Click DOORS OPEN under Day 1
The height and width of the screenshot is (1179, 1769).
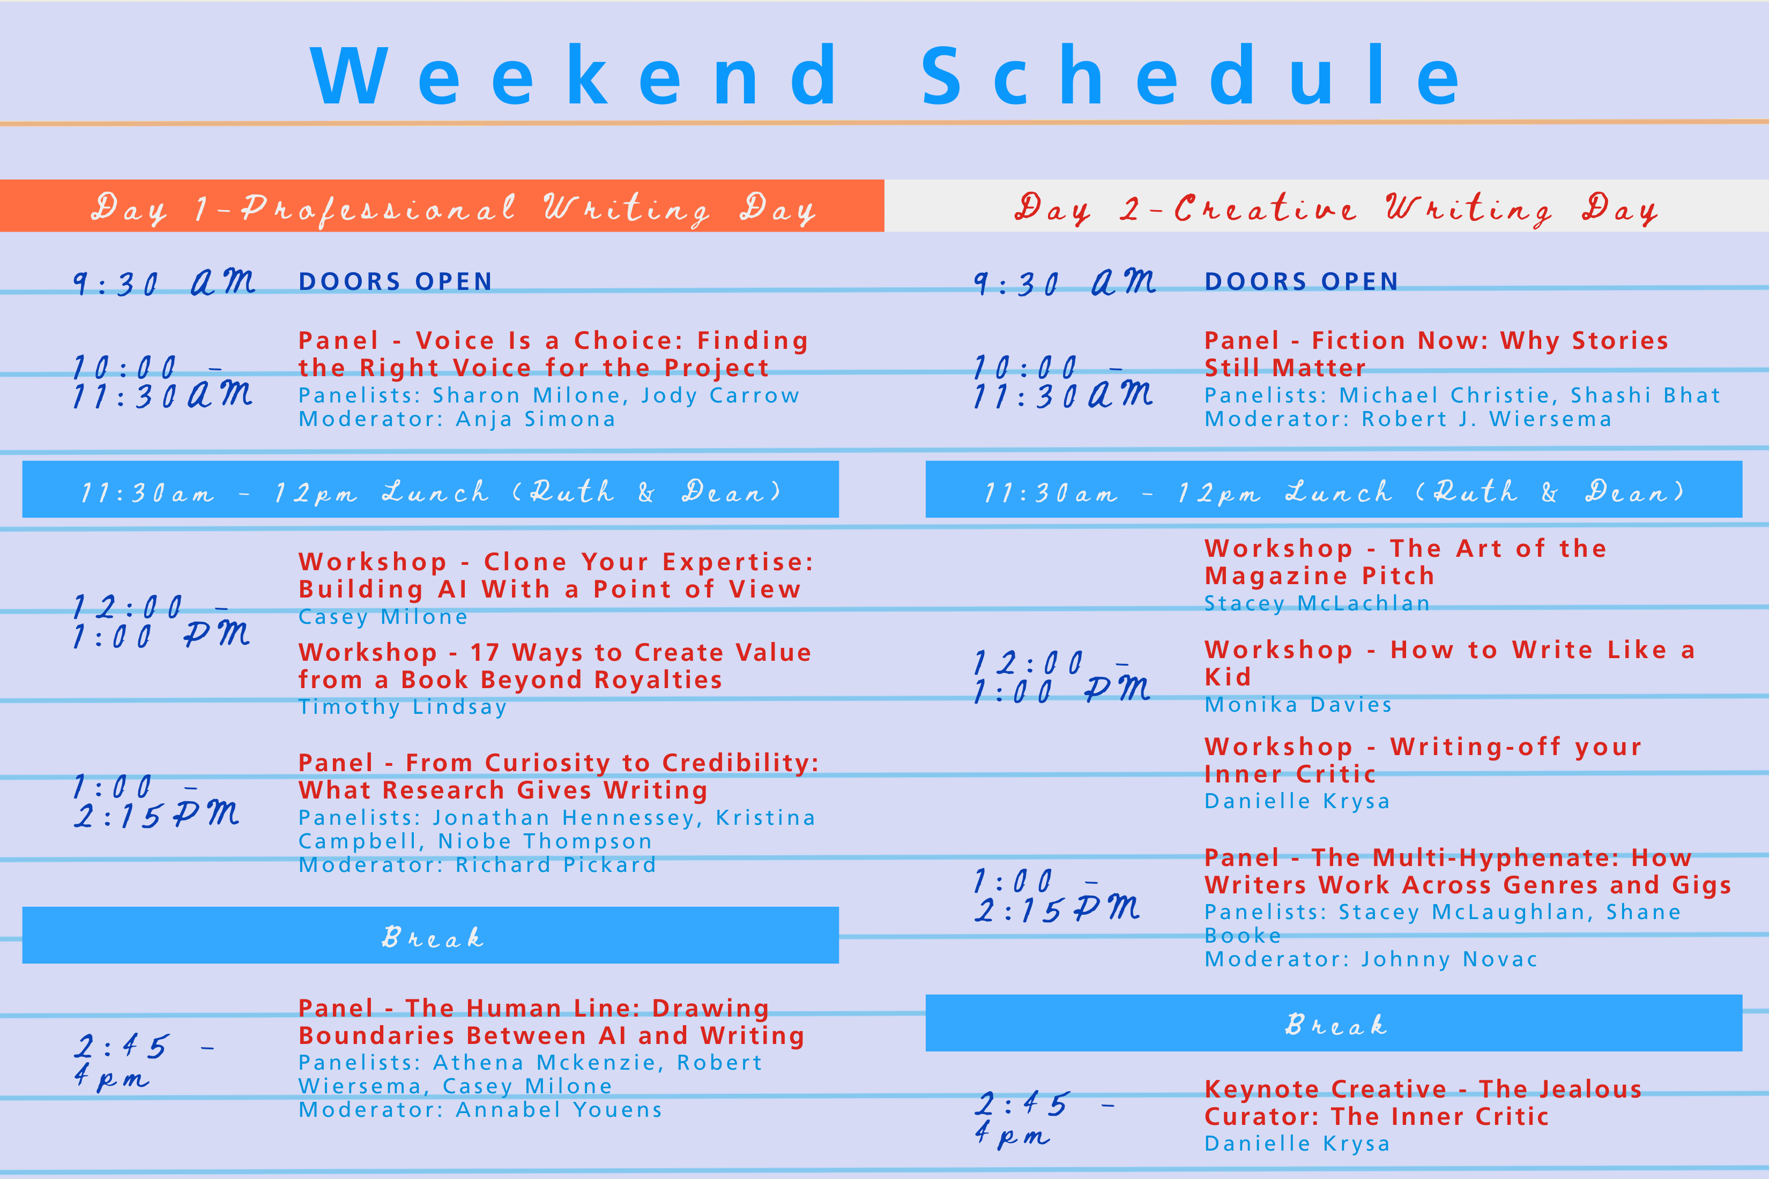click(x=396, y=281)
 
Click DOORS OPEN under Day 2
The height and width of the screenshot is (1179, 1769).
click(x=1301, y=281)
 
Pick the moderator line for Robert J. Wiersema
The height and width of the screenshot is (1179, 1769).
click(x=1408, y=419)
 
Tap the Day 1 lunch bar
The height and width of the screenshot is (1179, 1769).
click(x=430, y=489)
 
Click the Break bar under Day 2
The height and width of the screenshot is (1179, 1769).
click(x=1334, y=1024)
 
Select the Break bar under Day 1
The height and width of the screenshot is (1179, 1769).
click(x=430, y=935)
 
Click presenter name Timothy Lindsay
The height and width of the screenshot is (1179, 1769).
click(x=403, y=707)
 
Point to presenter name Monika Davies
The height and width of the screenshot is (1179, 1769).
click(x=1298, y=705)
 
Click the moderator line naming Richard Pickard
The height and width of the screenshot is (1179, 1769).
click(x=478, y=865)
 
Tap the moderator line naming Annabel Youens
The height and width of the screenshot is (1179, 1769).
click(x=481, y=1110)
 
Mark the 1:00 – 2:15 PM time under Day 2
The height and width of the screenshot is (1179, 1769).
click(x=1057, y=895)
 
